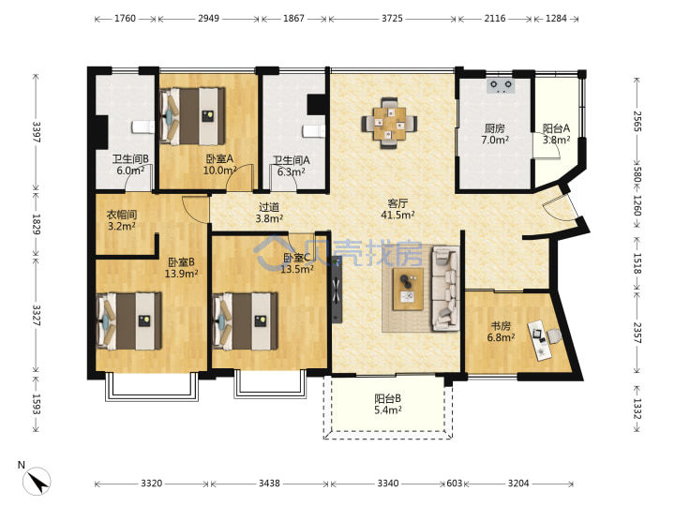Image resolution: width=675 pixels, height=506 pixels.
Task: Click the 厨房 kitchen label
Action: click(495, 128)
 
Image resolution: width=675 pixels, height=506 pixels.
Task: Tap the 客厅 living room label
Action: click(397, 203)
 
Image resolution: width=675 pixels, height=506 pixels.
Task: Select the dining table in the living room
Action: click(389, 123)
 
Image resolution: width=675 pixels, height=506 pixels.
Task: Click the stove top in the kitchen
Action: click(501, 85)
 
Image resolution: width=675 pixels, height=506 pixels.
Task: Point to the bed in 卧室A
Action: click(192, 116)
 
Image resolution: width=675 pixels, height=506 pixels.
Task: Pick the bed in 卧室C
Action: click(245, 321)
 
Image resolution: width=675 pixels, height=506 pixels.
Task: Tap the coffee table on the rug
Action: click(408, 289)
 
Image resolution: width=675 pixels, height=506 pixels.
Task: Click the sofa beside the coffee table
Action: click(445, 289)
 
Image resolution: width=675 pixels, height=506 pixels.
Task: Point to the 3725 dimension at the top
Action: click(392, 19)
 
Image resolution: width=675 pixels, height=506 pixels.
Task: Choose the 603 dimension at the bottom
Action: click(454, 484)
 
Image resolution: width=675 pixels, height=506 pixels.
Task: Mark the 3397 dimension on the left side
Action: click(37, 132)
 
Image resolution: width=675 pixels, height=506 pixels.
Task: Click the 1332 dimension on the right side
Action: click(637, 409)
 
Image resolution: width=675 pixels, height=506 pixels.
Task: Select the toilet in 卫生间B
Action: click(142, 126)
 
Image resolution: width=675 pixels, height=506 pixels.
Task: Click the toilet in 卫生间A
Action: click(313, 131)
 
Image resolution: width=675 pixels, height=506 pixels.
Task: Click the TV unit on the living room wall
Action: click(337, 290)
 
